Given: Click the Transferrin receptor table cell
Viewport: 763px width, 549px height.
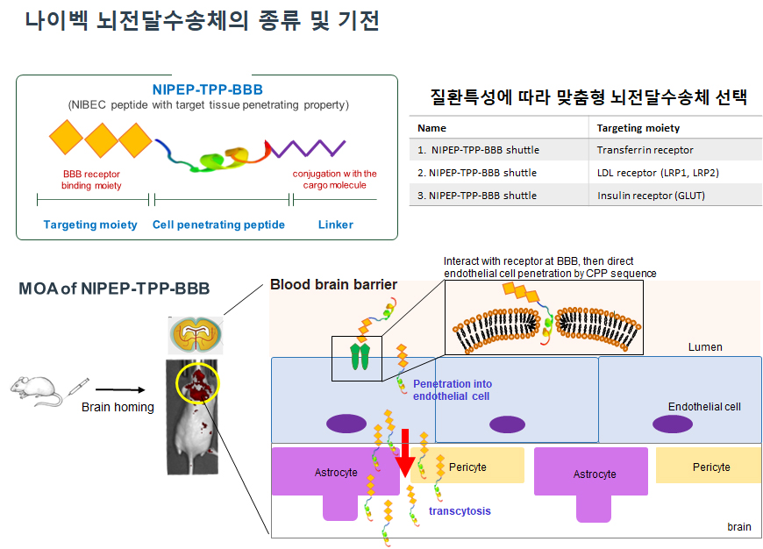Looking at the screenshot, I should [x=645, y=150].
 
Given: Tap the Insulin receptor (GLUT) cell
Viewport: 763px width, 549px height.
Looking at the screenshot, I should [x=651, y=196].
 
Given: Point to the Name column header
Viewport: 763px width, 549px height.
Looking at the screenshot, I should [x=431, y=128].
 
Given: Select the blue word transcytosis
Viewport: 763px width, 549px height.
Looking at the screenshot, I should [x=460, y=510].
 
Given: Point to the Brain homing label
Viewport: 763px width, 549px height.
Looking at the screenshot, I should [x=118, y=407].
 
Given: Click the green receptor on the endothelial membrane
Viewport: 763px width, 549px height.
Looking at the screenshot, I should [x=360, y=356].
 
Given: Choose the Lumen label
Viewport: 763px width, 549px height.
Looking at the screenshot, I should [x=705, y=347].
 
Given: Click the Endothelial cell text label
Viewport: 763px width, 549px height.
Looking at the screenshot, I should [x=704, y=407].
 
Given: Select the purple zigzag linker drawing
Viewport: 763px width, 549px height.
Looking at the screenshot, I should [x=307, y=146].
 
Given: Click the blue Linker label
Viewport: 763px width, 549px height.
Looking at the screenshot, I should [x=335, y=225].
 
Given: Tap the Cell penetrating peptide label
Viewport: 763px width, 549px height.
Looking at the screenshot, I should [x=218, y=225].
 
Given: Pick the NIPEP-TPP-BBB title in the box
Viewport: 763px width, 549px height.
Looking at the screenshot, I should [x=207, y=89].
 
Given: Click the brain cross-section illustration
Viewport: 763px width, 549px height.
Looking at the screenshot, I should [x=196, y=332].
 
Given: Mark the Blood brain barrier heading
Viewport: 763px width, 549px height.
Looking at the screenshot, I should [x=333, y=284].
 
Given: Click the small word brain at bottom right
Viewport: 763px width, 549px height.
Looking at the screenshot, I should [x=738, y=527].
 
